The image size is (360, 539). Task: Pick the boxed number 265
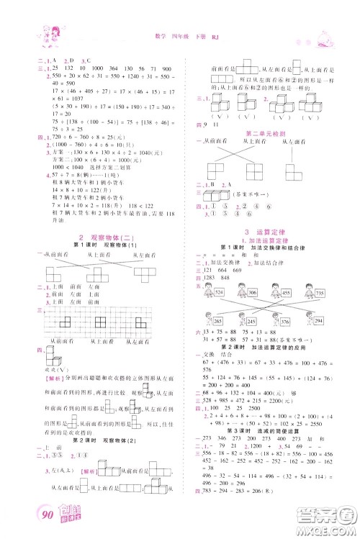point(216,321)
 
